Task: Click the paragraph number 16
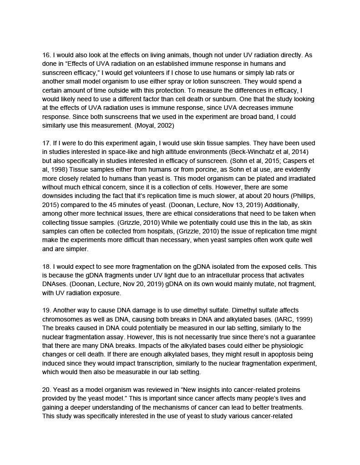pos(46,55)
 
